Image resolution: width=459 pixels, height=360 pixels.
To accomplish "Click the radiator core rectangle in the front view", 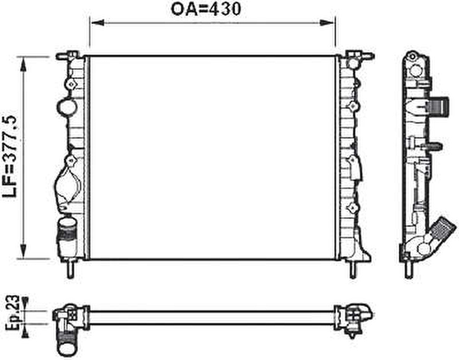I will pyautogui.click(x=212, y=157).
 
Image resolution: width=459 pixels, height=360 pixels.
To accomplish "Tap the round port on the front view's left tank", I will pyautogui.click(x=66, y=107).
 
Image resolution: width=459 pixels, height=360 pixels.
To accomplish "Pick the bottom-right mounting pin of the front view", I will pyautogui.click(x=352, y=269).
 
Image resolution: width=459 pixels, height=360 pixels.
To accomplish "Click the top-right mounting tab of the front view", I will pyautogui.click(x=359, y=55).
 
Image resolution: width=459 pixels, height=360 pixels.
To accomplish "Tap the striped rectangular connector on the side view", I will pyautogui.click(x=439, y=106).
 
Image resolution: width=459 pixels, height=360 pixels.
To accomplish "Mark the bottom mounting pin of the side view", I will pyautogui.click(x=408, y=269).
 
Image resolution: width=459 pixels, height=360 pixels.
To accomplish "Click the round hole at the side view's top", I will pyautogui.click(x=416, y=70).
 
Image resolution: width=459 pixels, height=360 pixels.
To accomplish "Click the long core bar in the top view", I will pyautogui.click(x=212, y=317).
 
